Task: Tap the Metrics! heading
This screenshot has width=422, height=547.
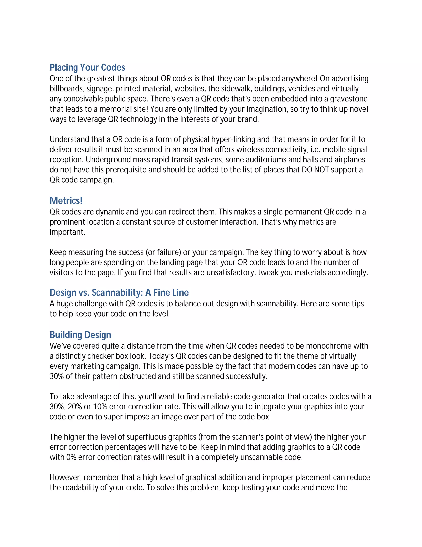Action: point(66,201)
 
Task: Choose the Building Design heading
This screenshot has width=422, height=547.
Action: point(80,335)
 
